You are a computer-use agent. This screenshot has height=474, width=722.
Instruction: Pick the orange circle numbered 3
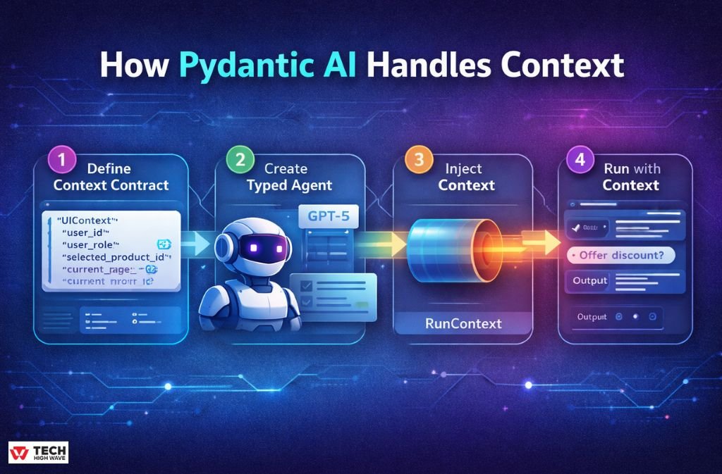pos(418,160)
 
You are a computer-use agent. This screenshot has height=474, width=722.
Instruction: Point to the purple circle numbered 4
pos(580,159)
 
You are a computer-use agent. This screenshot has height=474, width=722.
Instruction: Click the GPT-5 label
pos(329,216)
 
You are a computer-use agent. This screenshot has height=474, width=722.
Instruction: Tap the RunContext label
pos(464,323)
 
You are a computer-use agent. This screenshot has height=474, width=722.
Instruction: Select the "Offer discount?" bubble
pos(621,255)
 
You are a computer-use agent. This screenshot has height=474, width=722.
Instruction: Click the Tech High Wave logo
pos(39,452)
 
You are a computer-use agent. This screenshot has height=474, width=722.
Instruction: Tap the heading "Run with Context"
pos(630,177)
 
